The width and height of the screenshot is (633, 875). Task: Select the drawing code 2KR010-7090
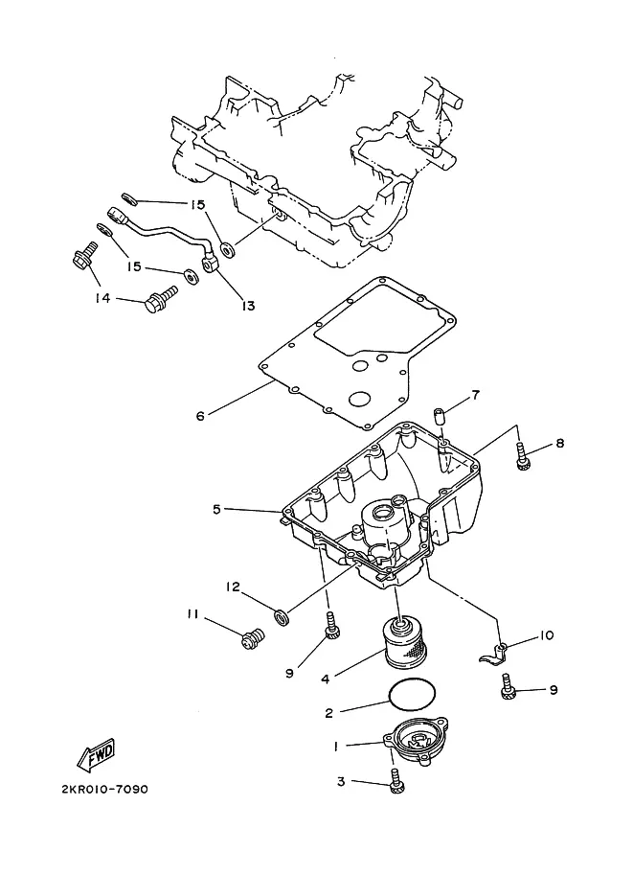coord(104,789)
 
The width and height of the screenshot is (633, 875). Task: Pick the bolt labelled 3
coord(397,779)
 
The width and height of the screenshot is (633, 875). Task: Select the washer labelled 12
coord(283,616)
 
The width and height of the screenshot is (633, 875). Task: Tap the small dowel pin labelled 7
coord(439,416)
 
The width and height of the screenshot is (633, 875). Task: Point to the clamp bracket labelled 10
coord(493,653)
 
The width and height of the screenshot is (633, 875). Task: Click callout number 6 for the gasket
coord(200,415)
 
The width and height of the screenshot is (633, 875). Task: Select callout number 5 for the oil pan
coord(216,509)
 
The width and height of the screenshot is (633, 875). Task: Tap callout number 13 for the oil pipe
coord(248,306)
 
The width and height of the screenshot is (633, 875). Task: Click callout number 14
coord(102,298)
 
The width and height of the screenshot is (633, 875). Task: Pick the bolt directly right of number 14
coord(161,299)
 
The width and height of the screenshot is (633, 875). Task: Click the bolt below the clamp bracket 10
coord(507,687)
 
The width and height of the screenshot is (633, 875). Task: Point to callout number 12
coord(233,587)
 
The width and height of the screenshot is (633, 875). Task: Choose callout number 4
coord(326,679)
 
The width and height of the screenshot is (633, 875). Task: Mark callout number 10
coord(546,635)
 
